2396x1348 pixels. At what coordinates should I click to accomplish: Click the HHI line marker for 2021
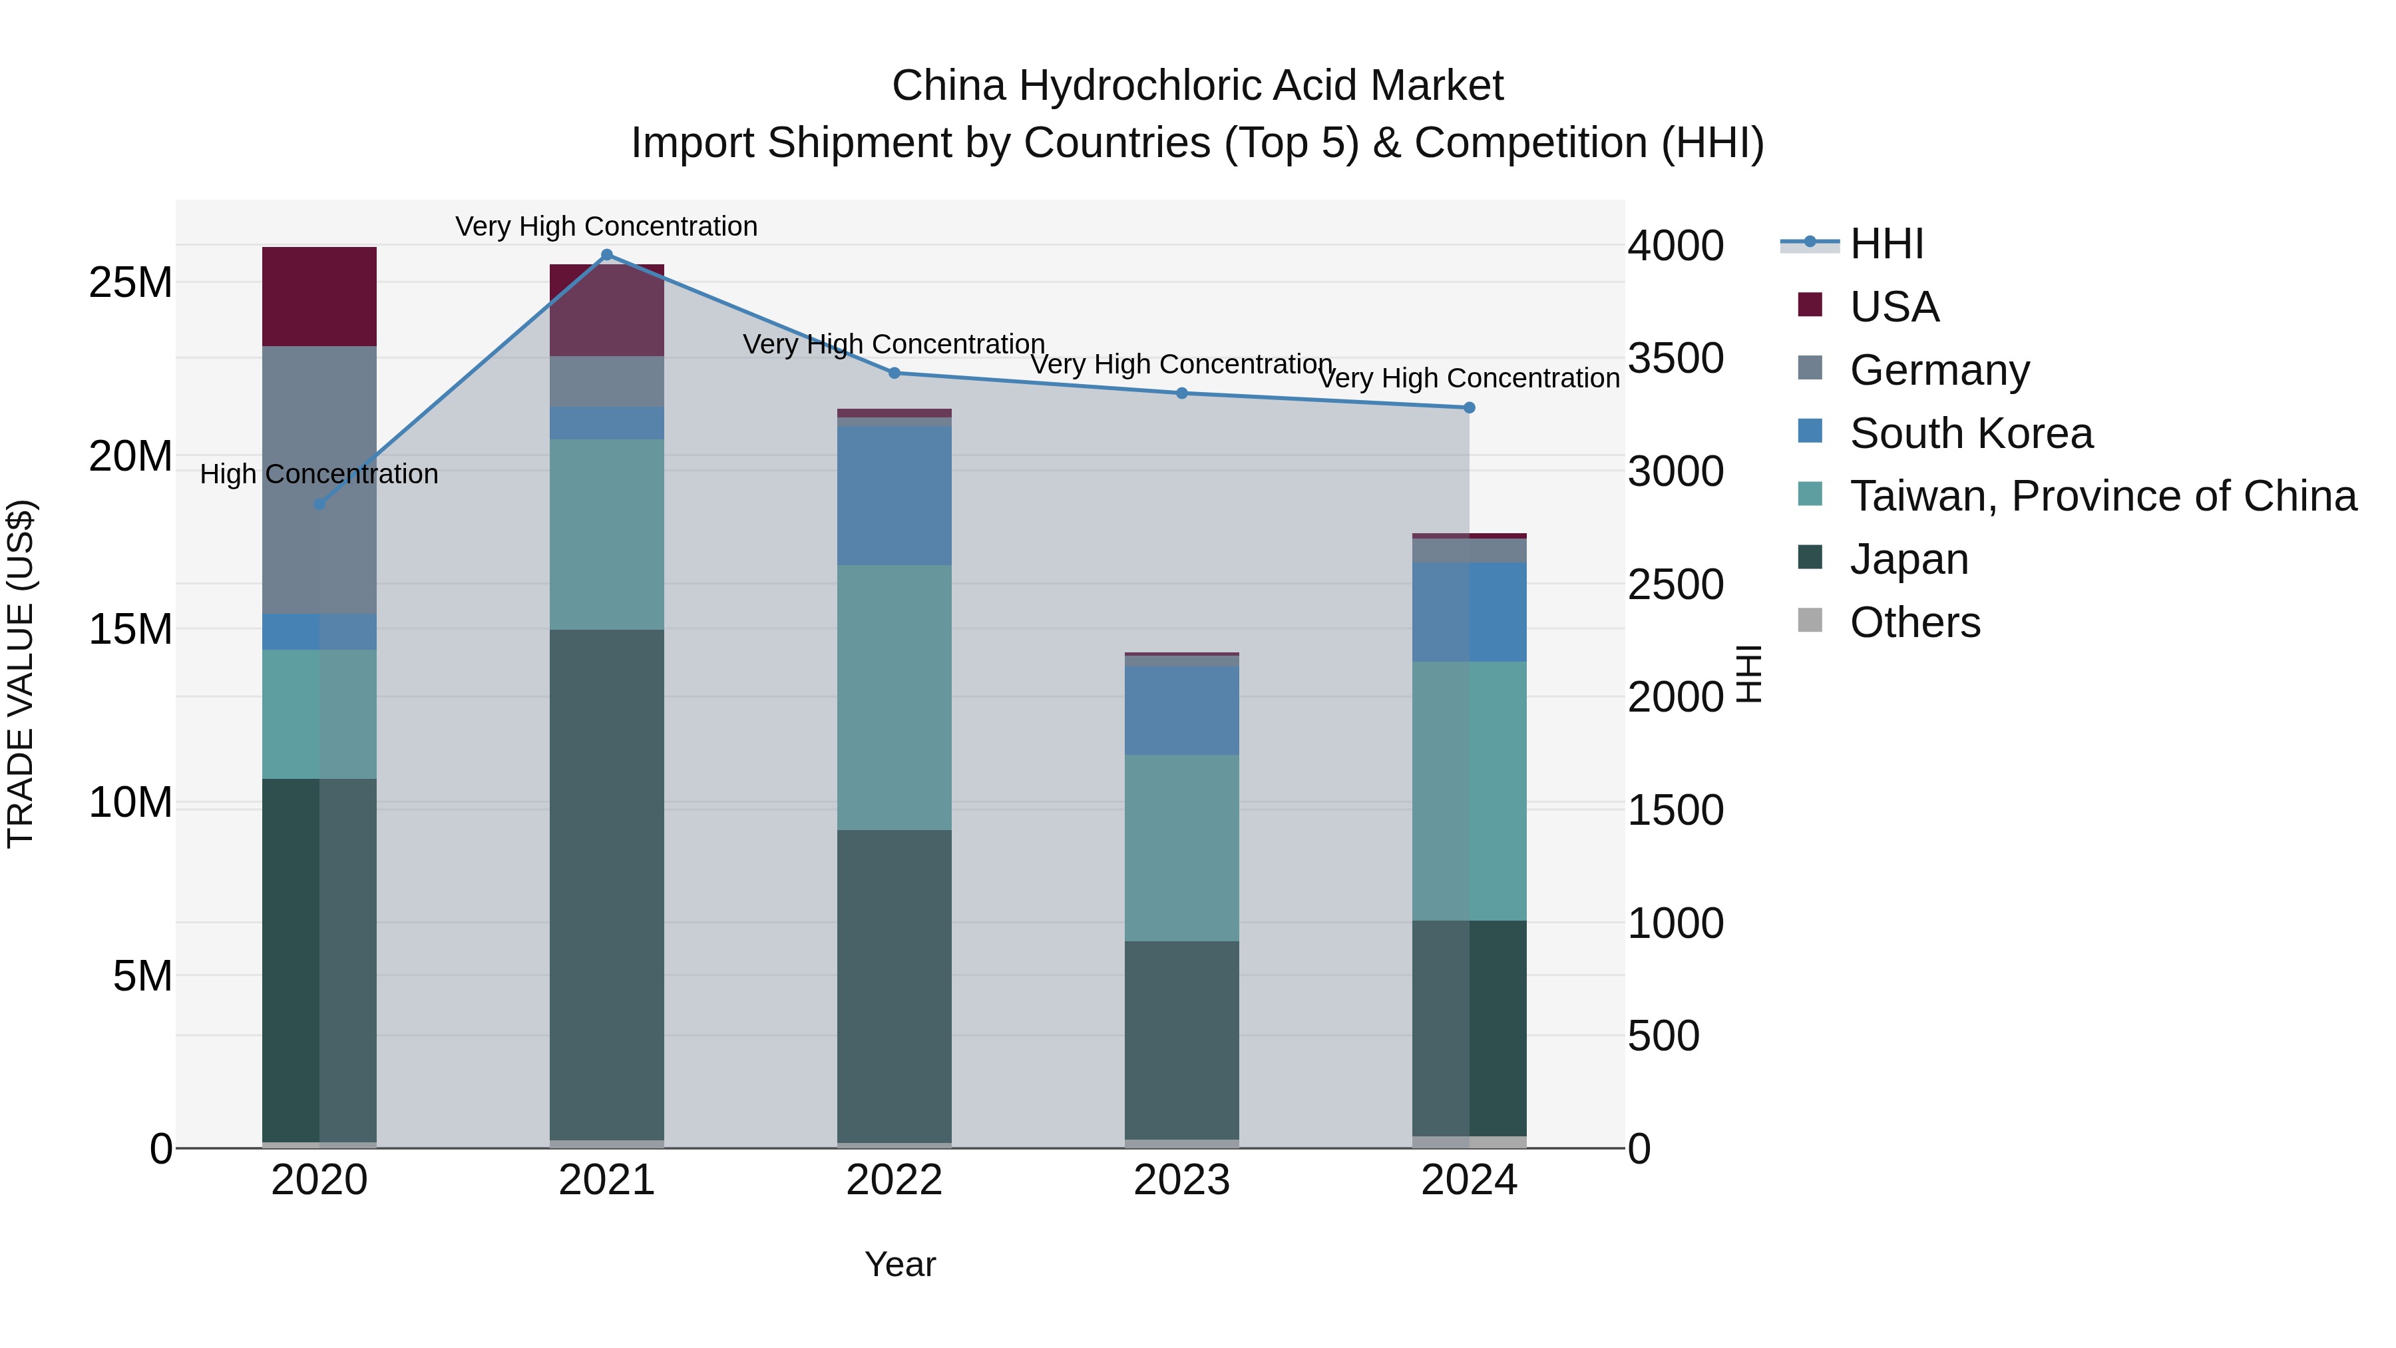[606, 255]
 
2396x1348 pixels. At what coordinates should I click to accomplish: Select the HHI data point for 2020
[319, 504]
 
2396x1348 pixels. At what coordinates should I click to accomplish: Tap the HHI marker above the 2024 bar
[1469, 407]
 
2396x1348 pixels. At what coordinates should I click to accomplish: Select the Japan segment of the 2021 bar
[606, 884]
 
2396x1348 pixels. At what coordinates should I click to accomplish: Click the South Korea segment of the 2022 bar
[894, 496]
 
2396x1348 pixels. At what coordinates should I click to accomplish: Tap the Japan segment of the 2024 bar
[1469, 1028]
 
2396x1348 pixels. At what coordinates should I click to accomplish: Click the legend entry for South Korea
[1970, 433]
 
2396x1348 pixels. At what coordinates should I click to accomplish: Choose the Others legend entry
[1914, 622]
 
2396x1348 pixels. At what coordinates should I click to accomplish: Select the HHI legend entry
[1886, 244]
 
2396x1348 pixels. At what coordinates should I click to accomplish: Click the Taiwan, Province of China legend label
[2102, 496]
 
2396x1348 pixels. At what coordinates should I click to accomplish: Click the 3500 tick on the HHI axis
[1675, 358]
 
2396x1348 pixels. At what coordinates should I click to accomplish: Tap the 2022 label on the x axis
[894, 1180]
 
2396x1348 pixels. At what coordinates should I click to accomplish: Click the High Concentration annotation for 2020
[319, 475]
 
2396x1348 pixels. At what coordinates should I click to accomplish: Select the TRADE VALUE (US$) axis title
[21, 674]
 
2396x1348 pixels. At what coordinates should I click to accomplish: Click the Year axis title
[899, 1264]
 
